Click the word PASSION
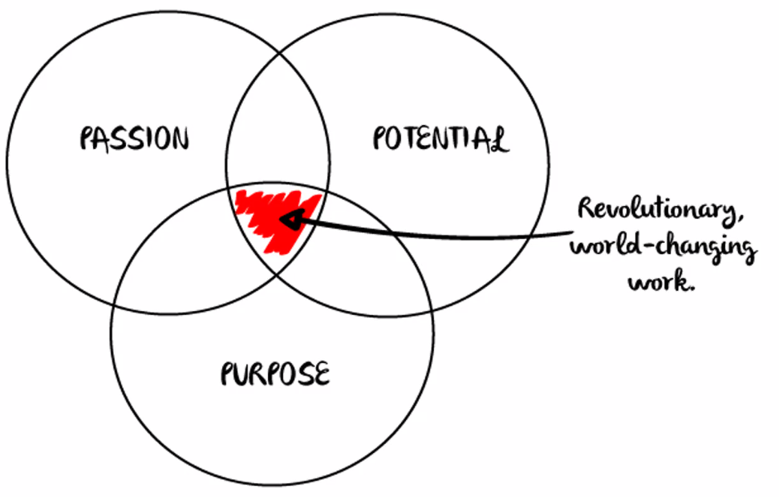click(135, 139)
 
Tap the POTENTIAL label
click(440, 139)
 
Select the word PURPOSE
click(275, 374)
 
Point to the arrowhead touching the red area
click(289, 219)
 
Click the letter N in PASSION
click(180, 139)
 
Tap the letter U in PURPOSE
click(239, 374)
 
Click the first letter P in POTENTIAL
click(381, 139)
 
